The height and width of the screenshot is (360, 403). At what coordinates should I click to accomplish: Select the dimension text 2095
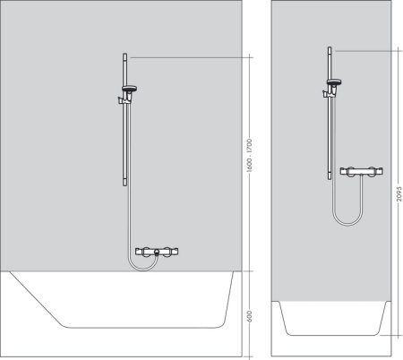[395, 193]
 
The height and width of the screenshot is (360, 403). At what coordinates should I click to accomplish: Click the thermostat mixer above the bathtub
[156, 254]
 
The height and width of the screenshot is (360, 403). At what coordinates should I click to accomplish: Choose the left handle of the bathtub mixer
[140, 253]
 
